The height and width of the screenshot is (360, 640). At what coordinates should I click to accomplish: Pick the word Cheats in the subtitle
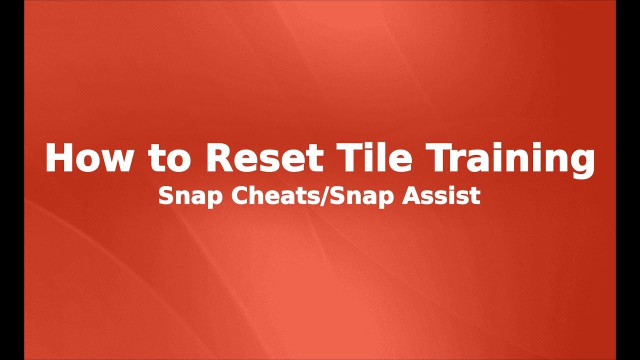[265, 196]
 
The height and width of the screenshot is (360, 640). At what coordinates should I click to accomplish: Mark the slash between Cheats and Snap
[324, 196]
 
